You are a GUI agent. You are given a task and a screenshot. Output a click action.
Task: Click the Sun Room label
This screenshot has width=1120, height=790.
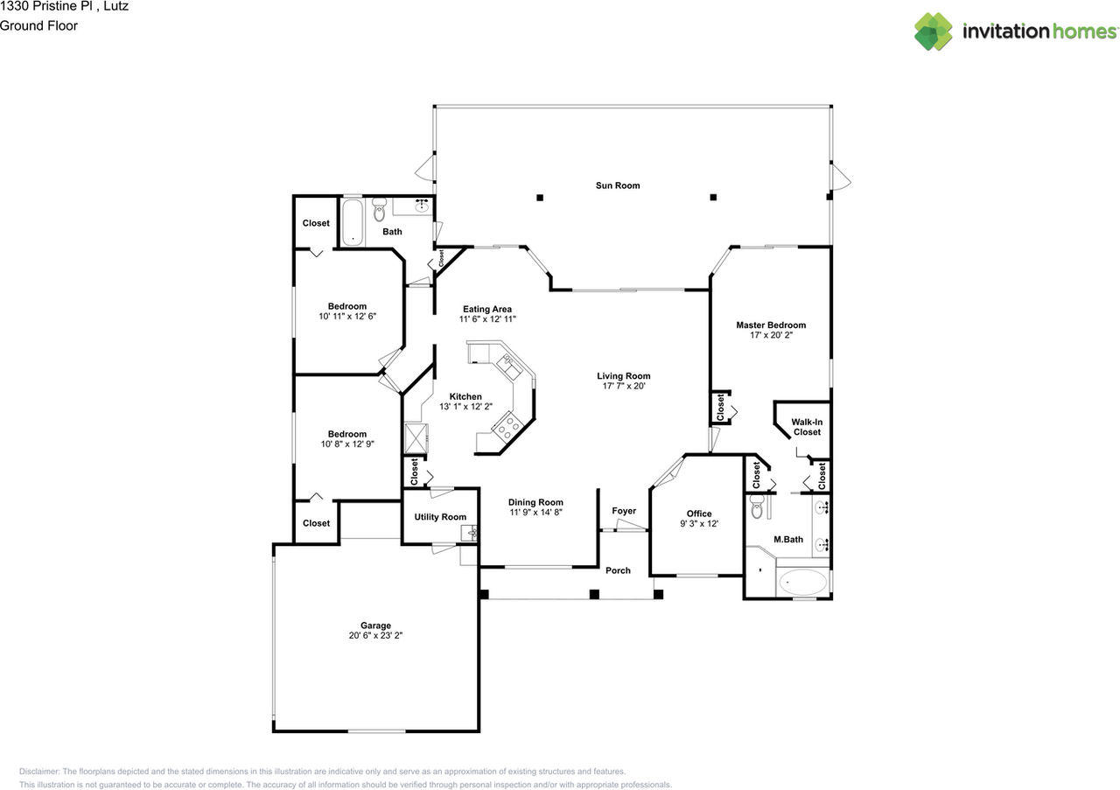[618, 185]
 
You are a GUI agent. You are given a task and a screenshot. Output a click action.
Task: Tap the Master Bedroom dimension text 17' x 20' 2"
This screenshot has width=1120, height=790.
[771, 336]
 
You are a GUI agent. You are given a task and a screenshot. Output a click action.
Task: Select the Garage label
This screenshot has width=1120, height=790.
[375, 626]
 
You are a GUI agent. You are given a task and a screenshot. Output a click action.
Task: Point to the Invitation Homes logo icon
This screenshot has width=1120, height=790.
[934, 31]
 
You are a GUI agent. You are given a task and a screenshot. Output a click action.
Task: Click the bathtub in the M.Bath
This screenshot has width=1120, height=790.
[801, 582]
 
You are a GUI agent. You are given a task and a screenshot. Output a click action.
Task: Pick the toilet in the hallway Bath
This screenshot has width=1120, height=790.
[379, 210]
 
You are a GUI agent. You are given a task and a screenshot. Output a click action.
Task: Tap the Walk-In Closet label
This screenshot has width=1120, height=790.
[807, 427]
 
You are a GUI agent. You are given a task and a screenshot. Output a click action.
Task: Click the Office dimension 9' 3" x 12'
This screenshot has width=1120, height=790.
[699, 524]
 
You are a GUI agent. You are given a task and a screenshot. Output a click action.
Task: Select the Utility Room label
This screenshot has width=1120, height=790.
[440, 517]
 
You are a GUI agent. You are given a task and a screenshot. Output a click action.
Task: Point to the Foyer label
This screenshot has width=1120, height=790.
[624, 511]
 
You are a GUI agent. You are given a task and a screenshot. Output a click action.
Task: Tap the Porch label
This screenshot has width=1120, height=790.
[618, 570]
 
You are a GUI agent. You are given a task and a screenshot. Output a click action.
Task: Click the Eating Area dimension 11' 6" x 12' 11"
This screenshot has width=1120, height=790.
[486, 319]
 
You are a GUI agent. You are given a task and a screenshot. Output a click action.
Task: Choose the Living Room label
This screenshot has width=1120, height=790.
[624, 376]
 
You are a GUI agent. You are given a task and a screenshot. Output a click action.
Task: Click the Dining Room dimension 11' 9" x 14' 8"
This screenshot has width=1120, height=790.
[536, 513]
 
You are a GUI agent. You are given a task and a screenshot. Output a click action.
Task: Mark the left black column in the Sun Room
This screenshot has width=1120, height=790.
[540, 197]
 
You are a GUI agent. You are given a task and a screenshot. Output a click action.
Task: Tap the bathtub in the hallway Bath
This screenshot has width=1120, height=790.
[352, 222]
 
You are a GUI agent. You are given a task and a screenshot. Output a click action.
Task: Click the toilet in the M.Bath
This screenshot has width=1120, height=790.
[758, 508]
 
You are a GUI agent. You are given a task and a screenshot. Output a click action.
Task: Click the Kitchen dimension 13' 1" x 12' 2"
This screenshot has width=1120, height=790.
[466, 407]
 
